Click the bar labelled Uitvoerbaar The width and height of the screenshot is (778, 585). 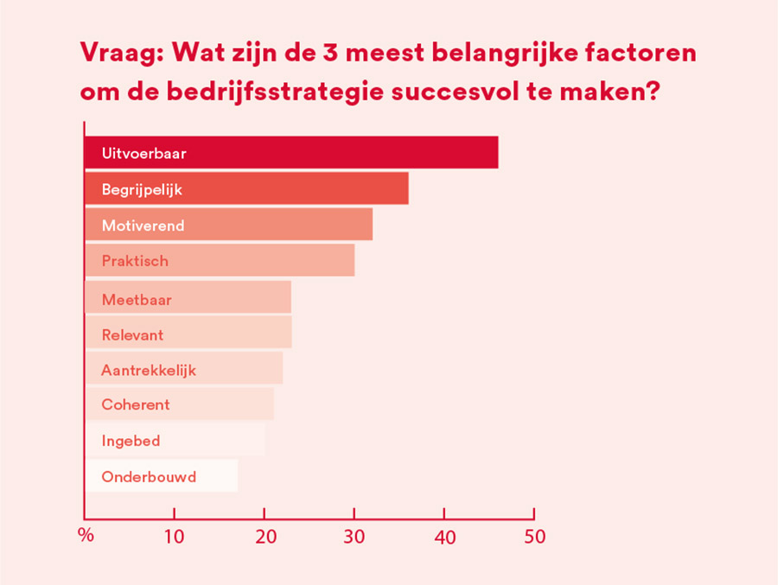[x=290, y=153]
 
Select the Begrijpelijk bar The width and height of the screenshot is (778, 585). [x=246, y=188]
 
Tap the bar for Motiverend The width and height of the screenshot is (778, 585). [x=228, y=225]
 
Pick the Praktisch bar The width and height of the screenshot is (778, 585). [x=220, y=260]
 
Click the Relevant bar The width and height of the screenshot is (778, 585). [x=188, y=333]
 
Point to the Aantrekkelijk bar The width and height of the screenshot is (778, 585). [x=183, y=368]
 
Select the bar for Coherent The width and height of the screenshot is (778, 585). [x=179, y=404]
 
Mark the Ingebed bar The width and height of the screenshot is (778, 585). [x=175, y=440]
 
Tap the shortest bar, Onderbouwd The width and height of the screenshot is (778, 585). [x=161, y=476]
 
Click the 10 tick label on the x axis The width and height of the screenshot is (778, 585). [x=175, y=537]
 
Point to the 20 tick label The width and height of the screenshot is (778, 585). [x=265, y=537]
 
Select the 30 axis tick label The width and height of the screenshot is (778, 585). [x=354, y=537]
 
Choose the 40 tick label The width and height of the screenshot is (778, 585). [x=444, y=537]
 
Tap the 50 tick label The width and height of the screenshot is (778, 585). [x=534, y=537]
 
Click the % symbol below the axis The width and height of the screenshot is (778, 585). [x=86, y=535]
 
